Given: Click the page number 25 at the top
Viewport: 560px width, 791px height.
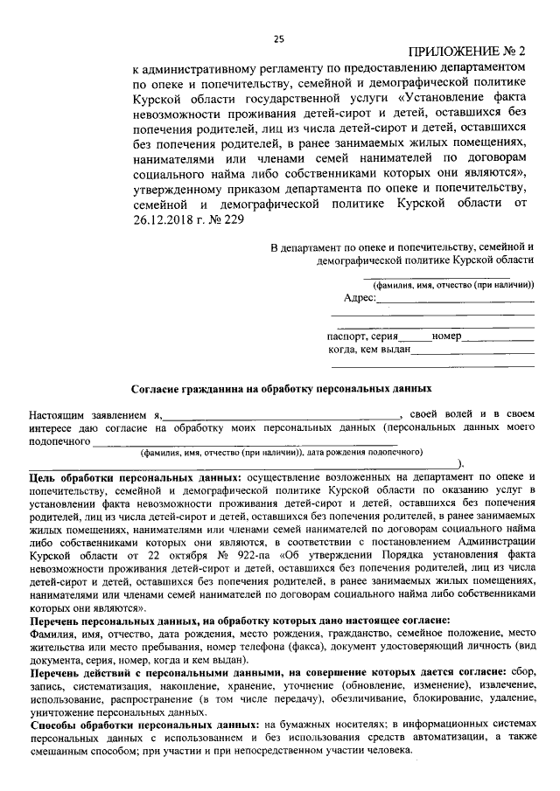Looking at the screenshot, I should point(279,38).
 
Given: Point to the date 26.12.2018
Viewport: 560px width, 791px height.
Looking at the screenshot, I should point(162,221).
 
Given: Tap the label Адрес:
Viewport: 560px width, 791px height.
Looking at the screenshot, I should point(360,298).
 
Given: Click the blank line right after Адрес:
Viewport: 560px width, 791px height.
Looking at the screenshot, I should point(455,302).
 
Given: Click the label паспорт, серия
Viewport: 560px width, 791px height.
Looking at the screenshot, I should point(363,336).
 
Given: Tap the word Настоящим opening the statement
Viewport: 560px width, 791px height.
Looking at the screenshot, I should point(58,413).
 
